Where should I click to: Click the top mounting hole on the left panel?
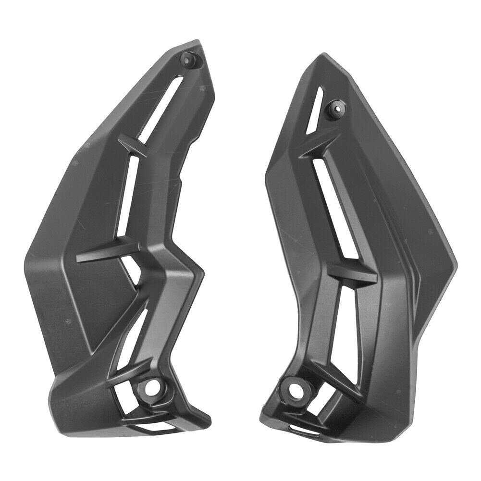[x=186, y=59]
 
